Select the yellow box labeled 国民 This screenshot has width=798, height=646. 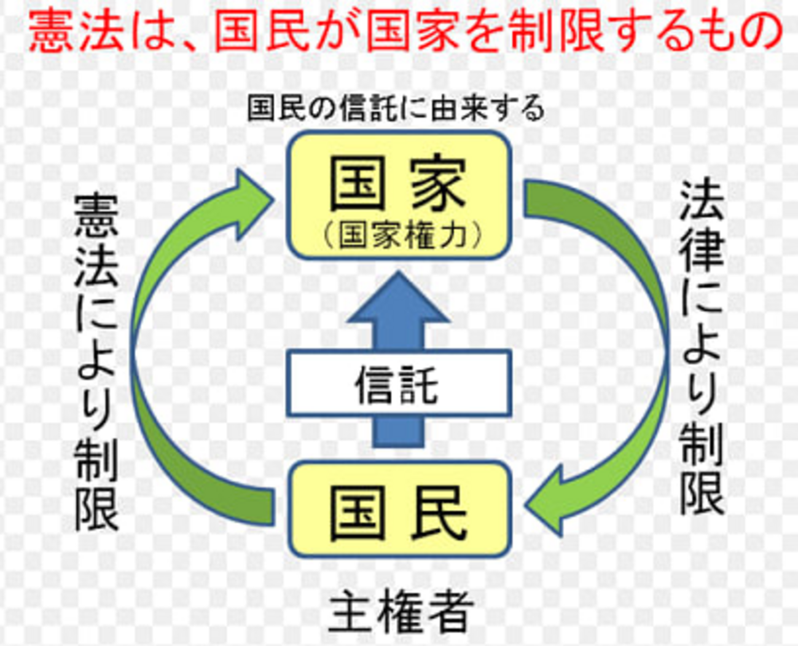click(399, 510)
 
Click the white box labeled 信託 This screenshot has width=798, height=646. click(399, 382)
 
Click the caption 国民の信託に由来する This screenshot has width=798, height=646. click(396, 108)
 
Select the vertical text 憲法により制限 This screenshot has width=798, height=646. click(96, 363)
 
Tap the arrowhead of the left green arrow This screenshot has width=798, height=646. click(249, 203)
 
